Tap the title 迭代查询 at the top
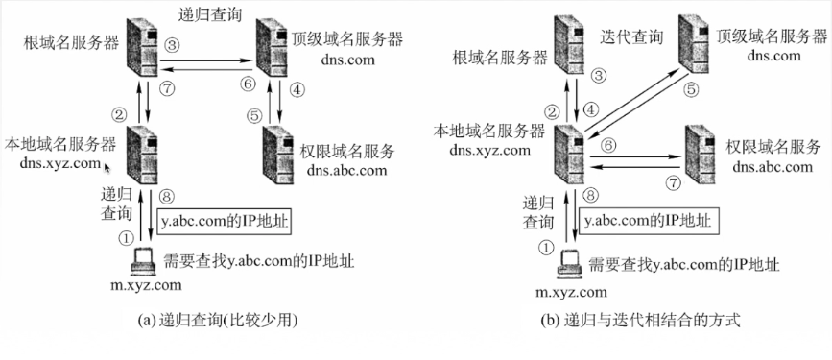click(630, 36)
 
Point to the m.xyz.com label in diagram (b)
click(571, 290)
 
